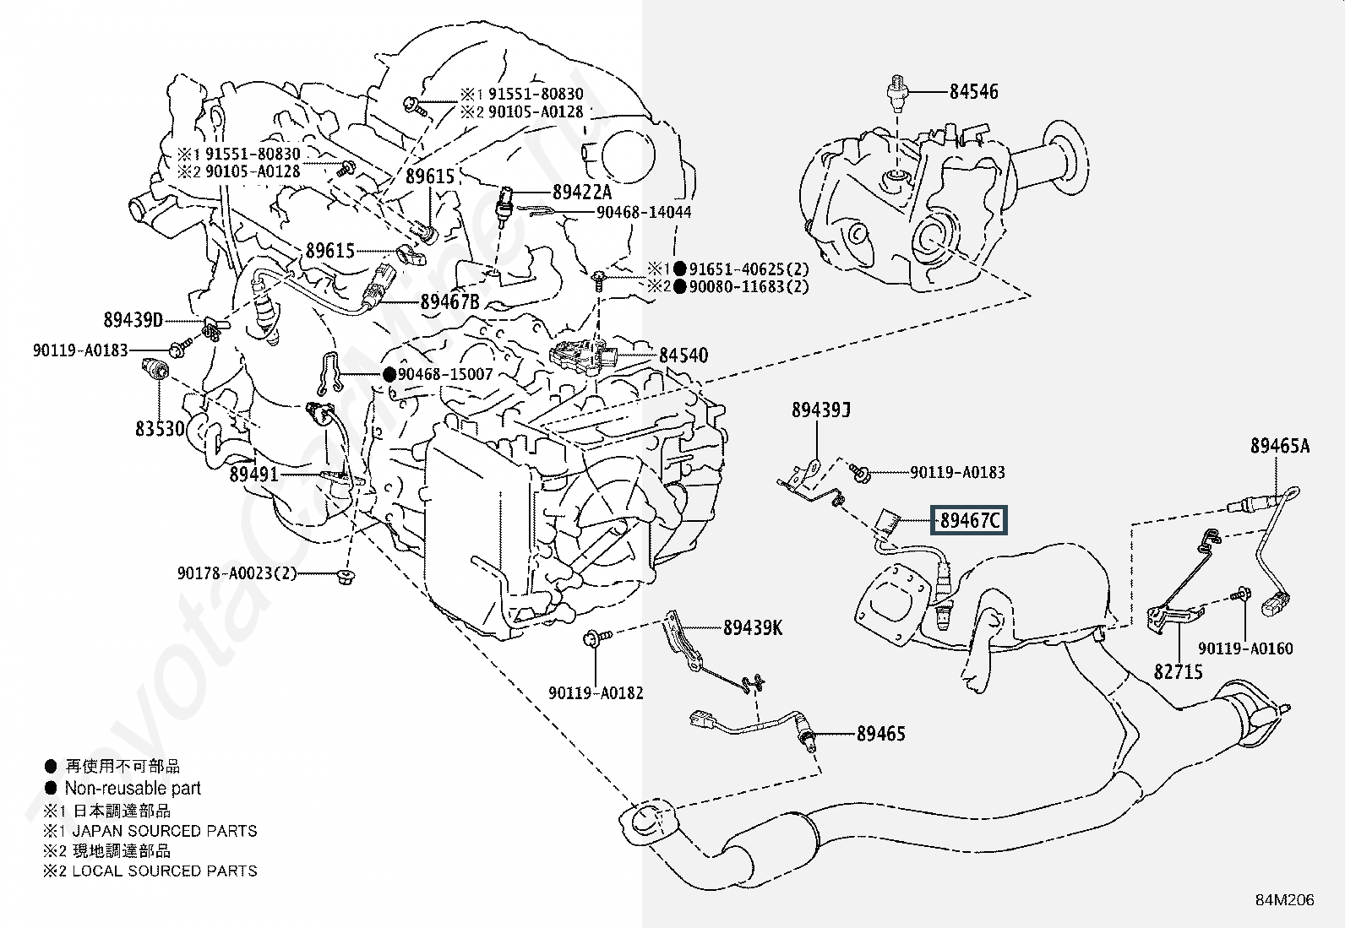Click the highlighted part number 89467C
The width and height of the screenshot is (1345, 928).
click(x=969, y=521)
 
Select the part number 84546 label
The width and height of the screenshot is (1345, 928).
click(x=973, y=91)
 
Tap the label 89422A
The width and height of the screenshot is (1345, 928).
click(x=582, y=193)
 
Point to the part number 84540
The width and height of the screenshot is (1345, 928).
click(x=683, y=355)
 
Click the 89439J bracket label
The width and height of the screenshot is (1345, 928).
click(x=820, y=410)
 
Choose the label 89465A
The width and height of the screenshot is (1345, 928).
click(x=1280, y=447)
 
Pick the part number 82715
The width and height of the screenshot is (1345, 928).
click(x=1179, y=672)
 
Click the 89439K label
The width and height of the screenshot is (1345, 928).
click(x=753, y=627)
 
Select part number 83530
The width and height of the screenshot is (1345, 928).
click(x=160, y=429)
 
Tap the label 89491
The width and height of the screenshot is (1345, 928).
click(x=253, y=475)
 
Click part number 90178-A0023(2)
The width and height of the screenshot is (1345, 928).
click(x=237, y=573)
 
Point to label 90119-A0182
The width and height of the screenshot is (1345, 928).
click(x=596, y=693)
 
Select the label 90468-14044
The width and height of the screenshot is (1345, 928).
click(x=644, y=213)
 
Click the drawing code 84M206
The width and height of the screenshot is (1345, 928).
click(x=1284, y=900)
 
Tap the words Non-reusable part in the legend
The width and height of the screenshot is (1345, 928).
click(x=133, y=789)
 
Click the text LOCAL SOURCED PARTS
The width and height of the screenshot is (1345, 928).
click(x=165, y=871)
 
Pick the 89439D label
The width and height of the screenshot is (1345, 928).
click(x=133, y=320)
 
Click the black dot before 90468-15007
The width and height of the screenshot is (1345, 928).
click(x=389, y=374)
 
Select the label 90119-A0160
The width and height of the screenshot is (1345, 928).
click(x=1245, y=649)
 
